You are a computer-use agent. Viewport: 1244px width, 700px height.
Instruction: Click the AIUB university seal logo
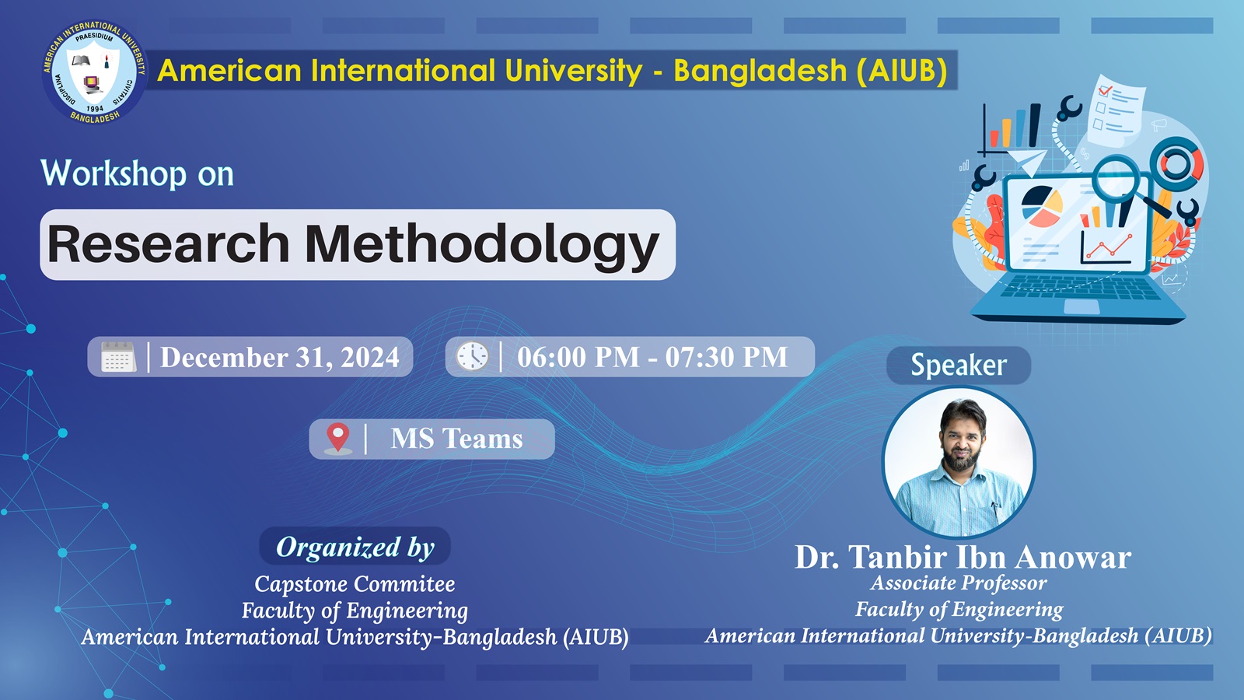pyautogui.click(x=94, y=72)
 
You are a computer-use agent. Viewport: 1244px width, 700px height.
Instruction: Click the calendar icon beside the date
pyautogui.click(x=118, y=357)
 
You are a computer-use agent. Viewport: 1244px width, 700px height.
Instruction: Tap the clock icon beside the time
pyautogui.click(x=472, y=356)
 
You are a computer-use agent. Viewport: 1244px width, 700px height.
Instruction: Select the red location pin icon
pyautogui.click(x=337, y=439)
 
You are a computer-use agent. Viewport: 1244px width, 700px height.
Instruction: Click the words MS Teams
pyautogui.click(x=456, y=439)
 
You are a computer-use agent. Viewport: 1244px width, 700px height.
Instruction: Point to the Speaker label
pyautogui.click(x=959, y=365)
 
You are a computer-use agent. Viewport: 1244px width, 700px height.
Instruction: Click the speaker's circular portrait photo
pyautogui.click(x=959, y=462)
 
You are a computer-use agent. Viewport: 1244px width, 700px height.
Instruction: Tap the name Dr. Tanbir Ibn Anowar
pyautogui.click(x=963, y=557)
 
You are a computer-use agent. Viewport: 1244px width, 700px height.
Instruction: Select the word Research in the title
pyautogui.click(x=168, y=243)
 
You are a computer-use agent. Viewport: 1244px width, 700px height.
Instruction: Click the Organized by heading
pyautogui.click(x=355, y=548)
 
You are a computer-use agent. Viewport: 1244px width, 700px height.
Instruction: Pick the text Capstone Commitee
pyautogui.click(x=355, y=584)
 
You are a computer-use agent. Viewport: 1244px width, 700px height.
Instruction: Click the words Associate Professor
pyautogui.click(x=959, y=583)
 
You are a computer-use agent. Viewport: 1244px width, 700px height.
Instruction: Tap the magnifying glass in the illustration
pyautogui.click(x=1127, y=184)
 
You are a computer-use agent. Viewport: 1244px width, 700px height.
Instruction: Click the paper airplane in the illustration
pyautogui.click(x=1026, y=160)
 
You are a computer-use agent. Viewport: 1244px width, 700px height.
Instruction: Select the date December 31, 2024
pyautogui.click(x=280, y=357)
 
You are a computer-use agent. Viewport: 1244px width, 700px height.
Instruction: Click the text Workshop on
pyautogui.click(x=137, y=174)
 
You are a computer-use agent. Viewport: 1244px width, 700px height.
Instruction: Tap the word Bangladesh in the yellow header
pyautogui.click(x=760, y=72)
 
